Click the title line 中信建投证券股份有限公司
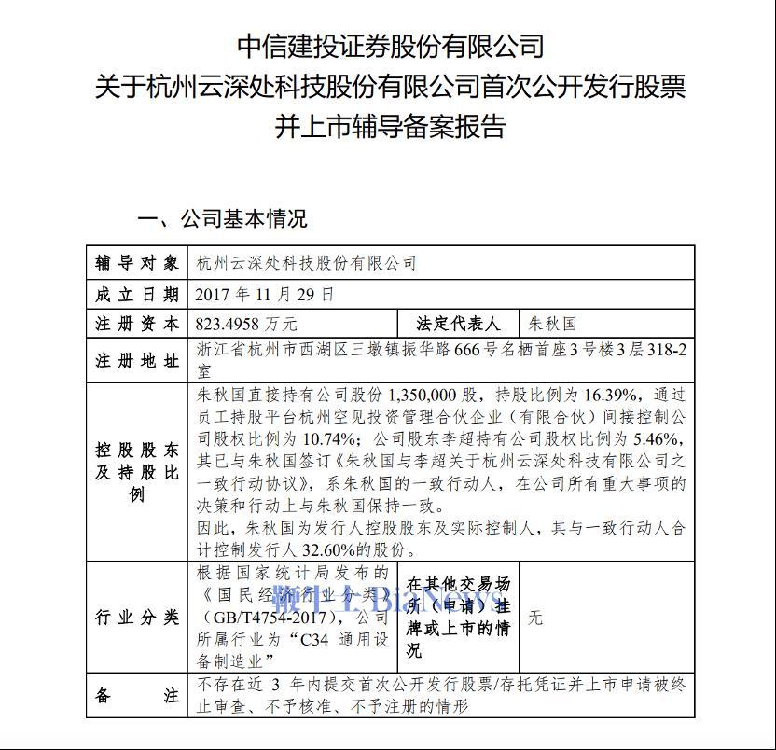pyautogui.click(x=390, y=45)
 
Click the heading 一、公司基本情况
pyautogui.click(x=222, y=220)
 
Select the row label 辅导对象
pyautogui.click(x=136, y=264)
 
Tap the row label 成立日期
pyautogui.click(x=136, y=295)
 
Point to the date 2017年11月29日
pyautogui.click(x=264, y=295)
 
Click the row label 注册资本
pyautogui.click(x=136, y=325)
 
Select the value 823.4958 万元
pyautogui.click(x=247, y=325)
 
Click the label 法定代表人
pyautogui.click(x=458, y=325)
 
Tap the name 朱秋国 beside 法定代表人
pyautogui.click(x=553, y=325)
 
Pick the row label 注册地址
pyautogui.click(x=136, y=361)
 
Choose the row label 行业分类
pyautogui.click(x=136, y=618)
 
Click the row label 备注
pyautogui.click(x=136, y=696)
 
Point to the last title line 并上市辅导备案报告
pyautogui.click(x=390, y=126)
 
